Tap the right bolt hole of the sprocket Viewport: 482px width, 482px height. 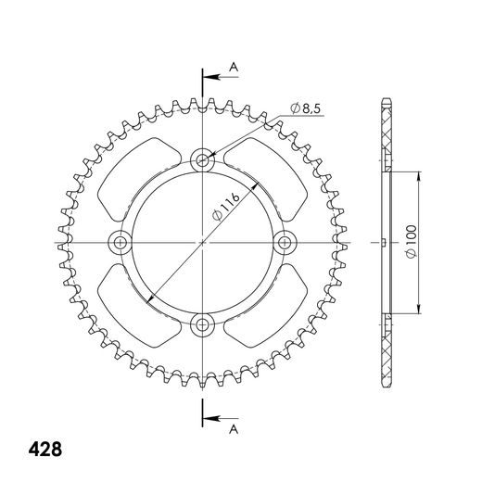pyautogui.click(x=285, y=243)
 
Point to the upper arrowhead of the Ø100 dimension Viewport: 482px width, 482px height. pyautogui.click(x=422, y=175)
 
